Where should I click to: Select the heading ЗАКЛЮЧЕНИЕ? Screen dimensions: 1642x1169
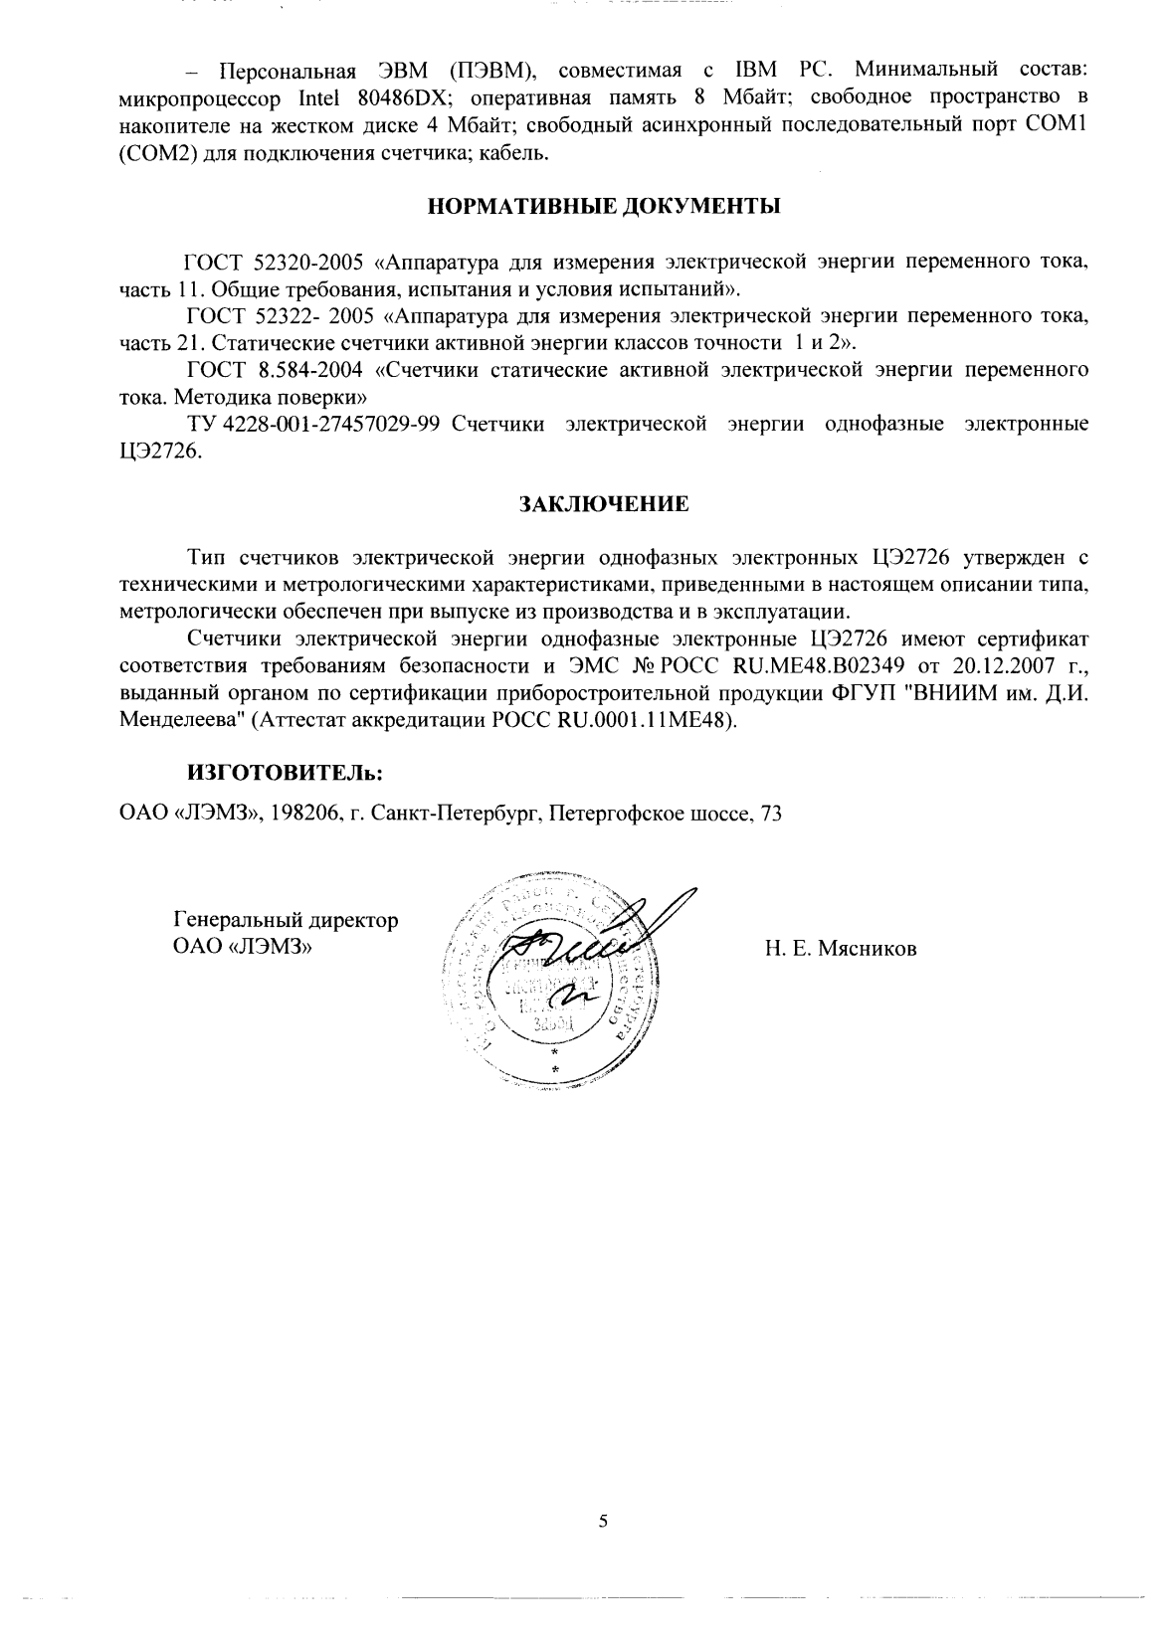click(605, 503)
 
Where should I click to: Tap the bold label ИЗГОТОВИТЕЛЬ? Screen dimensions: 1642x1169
click(271, 772)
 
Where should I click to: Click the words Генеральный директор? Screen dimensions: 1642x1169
click(286, 920)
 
